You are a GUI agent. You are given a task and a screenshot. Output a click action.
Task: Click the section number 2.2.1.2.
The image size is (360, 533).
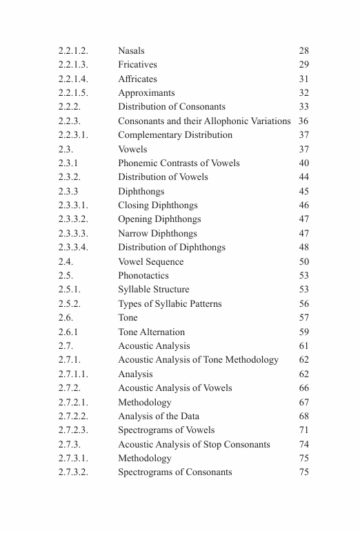pyautogui.click(x=73, y=51)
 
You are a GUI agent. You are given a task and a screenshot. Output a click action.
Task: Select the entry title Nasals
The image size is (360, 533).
pyautogui.click(x=131, y=51)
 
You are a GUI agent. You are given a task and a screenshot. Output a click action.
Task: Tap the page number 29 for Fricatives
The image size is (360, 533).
pyautogui.click(x=303, y=65)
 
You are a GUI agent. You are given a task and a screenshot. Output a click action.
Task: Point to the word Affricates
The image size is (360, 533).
pyautogui.click(x=137, y=79)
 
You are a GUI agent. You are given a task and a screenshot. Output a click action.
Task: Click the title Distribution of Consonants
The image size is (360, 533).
pyautogui.click(x=171, y=107)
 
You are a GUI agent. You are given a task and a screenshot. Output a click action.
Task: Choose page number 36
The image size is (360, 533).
pyautogui.click(x=303, y=121)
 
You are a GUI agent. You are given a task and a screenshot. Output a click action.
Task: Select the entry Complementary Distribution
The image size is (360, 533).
pyautogui.click(x=175, y=135)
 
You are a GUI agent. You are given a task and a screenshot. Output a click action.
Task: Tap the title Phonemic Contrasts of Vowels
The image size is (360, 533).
pyautogui.click(x=179, y=163)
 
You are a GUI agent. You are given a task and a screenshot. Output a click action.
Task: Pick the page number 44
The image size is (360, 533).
pyautogui.click(x=303, y=177)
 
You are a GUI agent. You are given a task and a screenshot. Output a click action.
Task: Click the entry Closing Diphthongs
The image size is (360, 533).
pyautogui.click(x=157, y=205)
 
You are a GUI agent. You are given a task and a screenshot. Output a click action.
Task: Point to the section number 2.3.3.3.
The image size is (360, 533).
pyautogui.click(x=73, y=234)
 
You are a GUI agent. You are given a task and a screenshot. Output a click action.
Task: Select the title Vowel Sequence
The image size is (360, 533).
pyautogui.click(x=150, y=262)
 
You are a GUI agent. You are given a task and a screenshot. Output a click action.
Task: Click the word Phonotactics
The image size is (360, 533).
pyautogui.click(x=143, y=276)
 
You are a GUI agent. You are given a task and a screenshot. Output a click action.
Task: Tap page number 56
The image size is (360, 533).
pyautogui.click(x=303, y=304)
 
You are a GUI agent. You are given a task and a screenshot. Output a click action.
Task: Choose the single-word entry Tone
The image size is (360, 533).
pyautogui.click(x=128, y=318)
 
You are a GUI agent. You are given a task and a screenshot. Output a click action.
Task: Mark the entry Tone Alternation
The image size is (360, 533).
pyautogui.click(x=151, y=332)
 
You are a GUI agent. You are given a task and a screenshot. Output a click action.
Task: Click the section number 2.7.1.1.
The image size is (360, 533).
pyautogui.click(x=73, y=374)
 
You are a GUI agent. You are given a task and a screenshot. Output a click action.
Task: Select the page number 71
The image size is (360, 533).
pyautogui.click(x=303, y=430)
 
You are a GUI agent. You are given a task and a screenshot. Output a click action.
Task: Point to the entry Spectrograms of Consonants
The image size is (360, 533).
pyautogui.click(x=174, y=472)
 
